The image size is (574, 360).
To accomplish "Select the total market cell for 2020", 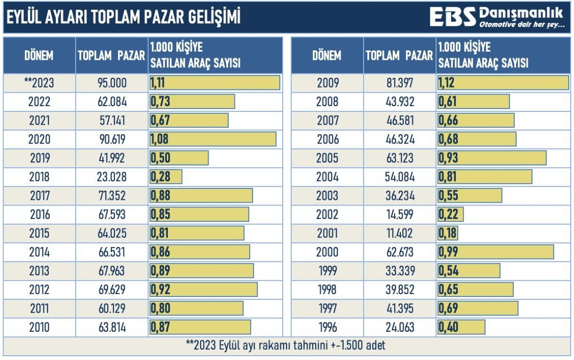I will [x=111, y=139].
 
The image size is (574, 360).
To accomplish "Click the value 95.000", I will [x=111, y=83].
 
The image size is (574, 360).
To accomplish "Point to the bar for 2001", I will [x=448, y=233].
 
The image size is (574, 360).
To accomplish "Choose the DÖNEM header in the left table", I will [x=39, y=55].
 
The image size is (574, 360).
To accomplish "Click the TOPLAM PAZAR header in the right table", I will [x=399, y=55].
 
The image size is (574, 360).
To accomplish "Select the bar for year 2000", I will [x=496, y=251].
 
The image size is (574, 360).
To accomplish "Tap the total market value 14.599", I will [x=399, y=214].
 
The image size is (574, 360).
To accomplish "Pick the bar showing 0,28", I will [x=166, y=177].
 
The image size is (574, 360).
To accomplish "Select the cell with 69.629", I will [x=111, y=289].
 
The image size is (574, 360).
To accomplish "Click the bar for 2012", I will [x=203, y=289].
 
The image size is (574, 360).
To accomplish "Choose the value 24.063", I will [x=399, y=327].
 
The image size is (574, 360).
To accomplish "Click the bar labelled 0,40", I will [x=461, y=327].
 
